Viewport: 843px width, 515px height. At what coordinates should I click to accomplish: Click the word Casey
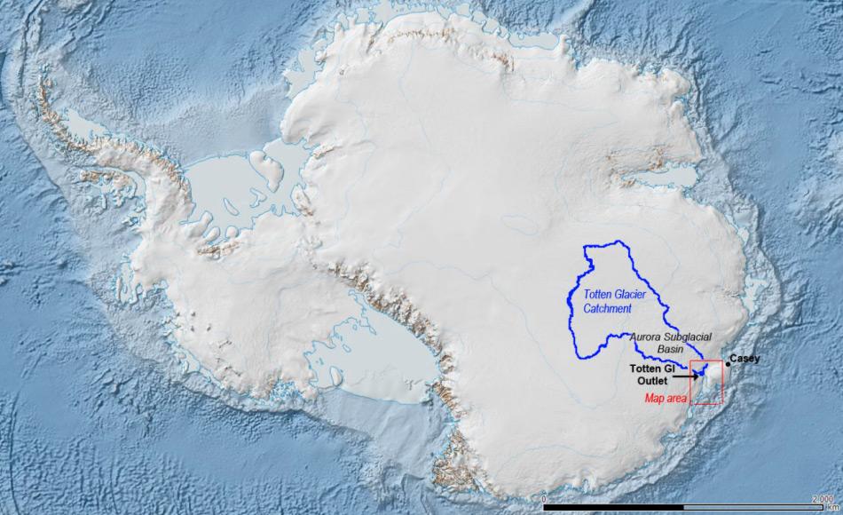click(745, 358)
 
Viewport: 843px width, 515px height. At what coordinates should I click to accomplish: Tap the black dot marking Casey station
click(729, 363)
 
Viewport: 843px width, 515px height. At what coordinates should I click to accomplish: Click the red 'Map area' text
click(666, 399)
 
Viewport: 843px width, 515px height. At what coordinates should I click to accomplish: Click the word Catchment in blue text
click(608, 308)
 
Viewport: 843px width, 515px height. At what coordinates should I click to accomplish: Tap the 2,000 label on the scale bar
click(821, 500)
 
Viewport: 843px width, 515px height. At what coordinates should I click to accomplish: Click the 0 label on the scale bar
click(543, 500)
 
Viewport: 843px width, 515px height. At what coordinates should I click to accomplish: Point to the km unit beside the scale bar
click(836, 508)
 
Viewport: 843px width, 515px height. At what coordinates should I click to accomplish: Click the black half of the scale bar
click(612, 508)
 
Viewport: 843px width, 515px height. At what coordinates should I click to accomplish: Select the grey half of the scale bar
click(754, 508)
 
